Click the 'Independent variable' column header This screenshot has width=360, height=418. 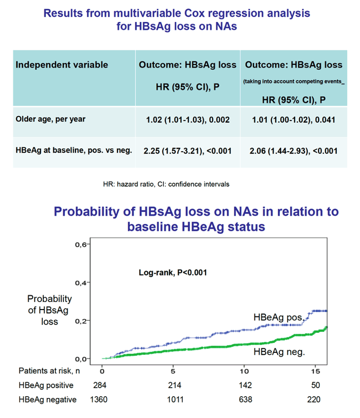pyautogui.click(x=62, y=65)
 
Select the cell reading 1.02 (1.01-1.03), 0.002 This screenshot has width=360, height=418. pyautogui.click(x=188, y=120)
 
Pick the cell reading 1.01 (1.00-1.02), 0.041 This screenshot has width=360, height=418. pyautogui.click(x=294, y=120)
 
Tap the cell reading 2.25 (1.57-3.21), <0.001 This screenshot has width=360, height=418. pyautogui.click(x=187, y=151)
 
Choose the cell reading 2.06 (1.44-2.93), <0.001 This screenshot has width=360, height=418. pyautogui.click(x=294, y=151)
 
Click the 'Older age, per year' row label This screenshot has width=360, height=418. pyautogui.click(x=50, y=119)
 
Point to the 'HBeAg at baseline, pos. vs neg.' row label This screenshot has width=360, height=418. pyautogui.click(x=74, y=150)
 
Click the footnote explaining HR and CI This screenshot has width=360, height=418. pyautogui.click(x=166, y=184)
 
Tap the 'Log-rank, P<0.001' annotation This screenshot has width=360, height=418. pyautogui.click(x=173, y=273)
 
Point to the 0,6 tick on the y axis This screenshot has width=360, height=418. pyautogui.click(x=81, y=244)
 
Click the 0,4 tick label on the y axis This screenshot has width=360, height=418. pyautogui.click(x=81, y=283)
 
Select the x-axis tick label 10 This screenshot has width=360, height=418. pyautogui.click(x=244, y=371)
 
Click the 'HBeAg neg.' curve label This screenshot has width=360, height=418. pyautogui.click(x=279, y=352)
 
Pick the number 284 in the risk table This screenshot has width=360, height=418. pyautogui.click(x=100, y=385)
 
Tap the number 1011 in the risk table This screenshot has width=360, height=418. pyautogui.click(x=175, y=400)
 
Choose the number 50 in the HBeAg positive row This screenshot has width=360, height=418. pyautogui.click(x=316, y=385)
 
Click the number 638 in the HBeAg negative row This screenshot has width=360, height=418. pyautogui.click(x=245, y=400)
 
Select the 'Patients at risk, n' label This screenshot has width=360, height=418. pyautogui.click(x=49, y=371)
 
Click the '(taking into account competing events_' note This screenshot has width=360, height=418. pyautogui.click(x=294, y=82)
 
